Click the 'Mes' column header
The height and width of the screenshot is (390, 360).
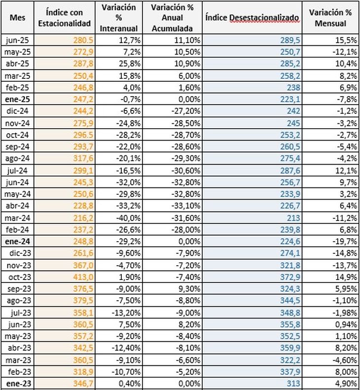click(17, 18)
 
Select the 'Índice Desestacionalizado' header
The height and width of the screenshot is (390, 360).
click(252, 18)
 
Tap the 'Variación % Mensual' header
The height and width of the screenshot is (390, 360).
click(330, 18)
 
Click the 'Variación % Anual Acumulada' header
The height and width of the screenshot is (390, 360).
click(172, 18)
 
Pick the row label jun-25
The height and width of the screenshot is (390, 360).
click(17, 40)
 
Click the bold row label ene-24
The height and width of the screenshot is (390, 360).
click(17, 241)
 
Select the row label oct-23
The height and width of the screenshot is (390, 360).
click(20, 277)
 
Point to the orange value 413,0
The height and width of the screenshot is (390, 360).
click(83, 277)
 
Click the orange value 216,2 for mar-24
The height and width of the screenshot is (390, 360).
click(83, 218)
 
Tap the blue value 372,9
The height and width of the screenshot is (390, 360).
click(290, 277)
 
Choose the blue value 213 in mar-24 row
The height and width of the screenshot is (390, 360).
click(293, 218)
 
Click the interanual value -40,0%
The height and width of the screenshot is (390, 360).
click(128, 218)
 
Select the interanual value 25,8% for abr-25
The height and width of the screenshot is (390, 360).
click(130, 64)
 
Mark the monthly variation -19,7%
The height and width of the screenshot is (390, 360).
click(345, 241)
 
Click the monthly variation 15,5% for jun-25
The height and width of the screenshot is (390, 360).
click(346, 40)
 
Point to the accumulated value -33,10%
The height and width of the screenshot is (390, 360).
click(185, 206)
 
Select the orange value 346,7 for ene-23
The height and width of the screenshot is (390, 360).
click(83, 384)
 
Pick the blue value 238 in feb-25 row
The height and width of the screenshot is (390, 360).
click(293, 88)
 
